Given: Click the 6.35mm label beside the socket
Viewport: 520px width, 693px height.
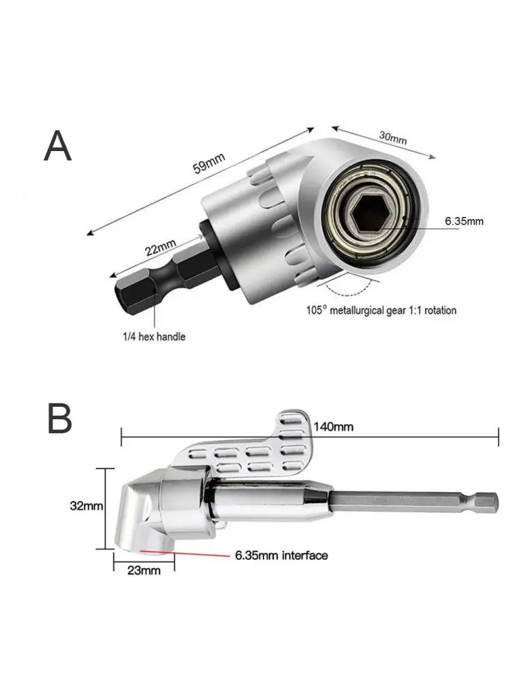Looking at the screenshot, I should [464, 222].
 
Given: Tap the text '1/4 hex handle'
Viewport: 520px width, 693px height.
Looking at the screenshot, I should [154, 337].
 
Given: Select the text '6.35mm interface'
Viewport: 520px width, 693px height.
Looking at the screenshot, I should [281, 555].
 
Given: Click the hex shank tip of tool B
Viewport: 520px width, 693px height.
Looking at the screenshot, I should [485, 500].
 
